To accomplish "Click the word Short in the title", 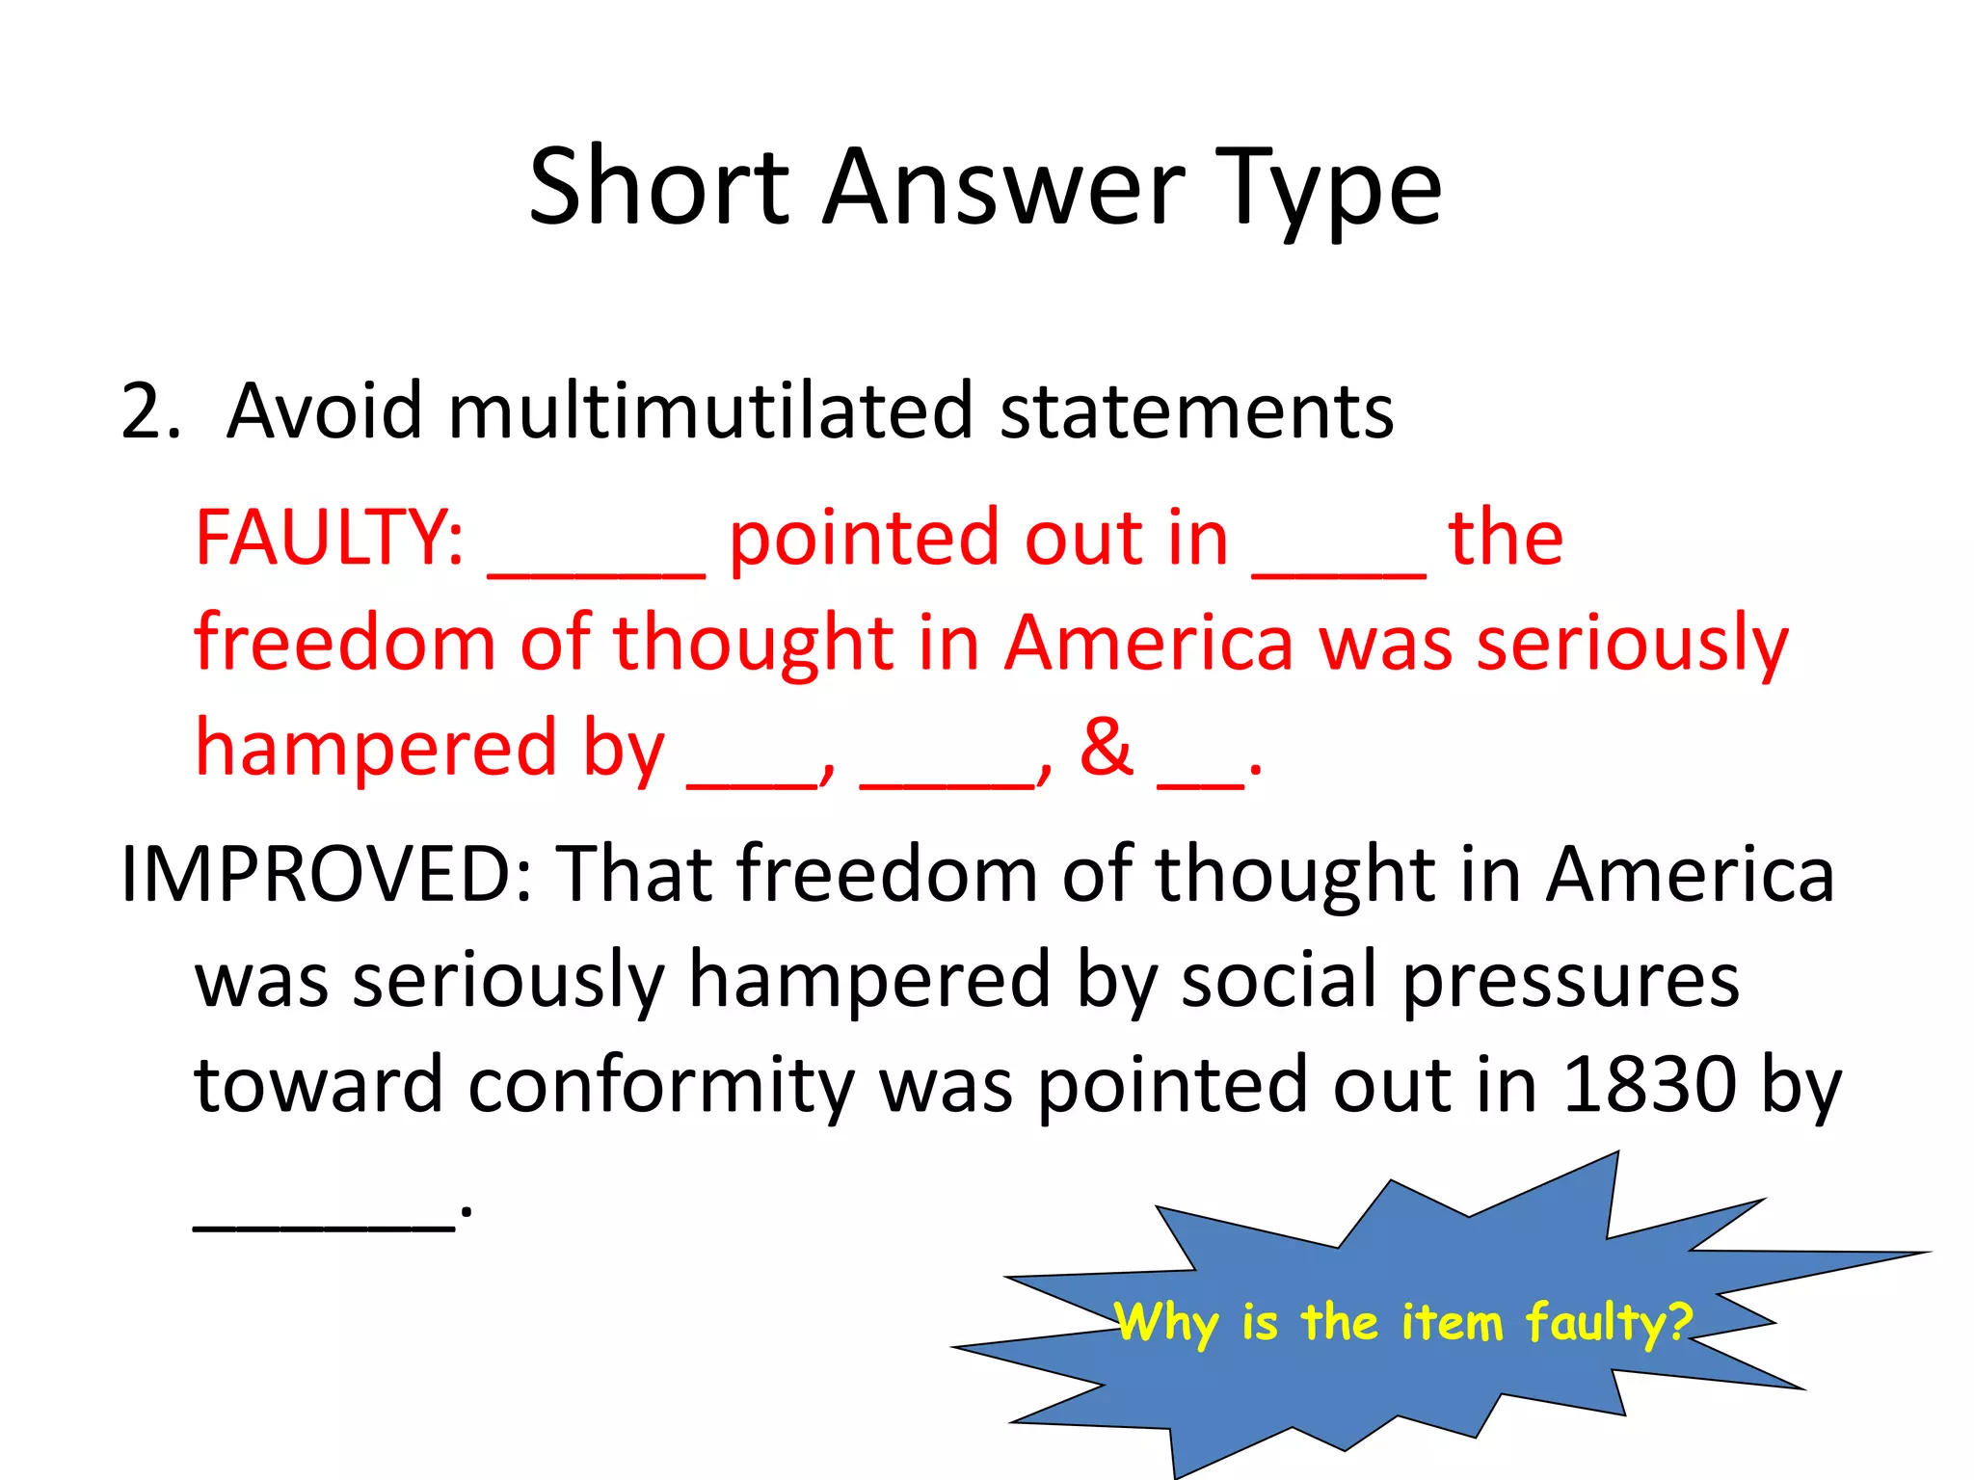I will click(x=659, y=187).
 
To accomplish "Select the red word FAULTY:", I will click(x=329, y=538).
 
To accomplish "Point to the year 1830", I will click(x=1648, y=1085).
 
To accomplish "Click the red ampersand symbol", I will click(x=1107, y=747).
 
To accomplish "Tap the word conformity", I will click(x=661, y=1085).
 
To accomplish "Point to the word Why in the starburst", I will click(x=1166, y=1321).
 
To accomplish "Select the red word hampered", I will click(x=376, y=749).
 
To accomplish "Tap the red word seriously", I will click(x=1633, y=643).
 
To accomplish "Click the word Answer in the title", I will click(x=1003, y=187).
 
